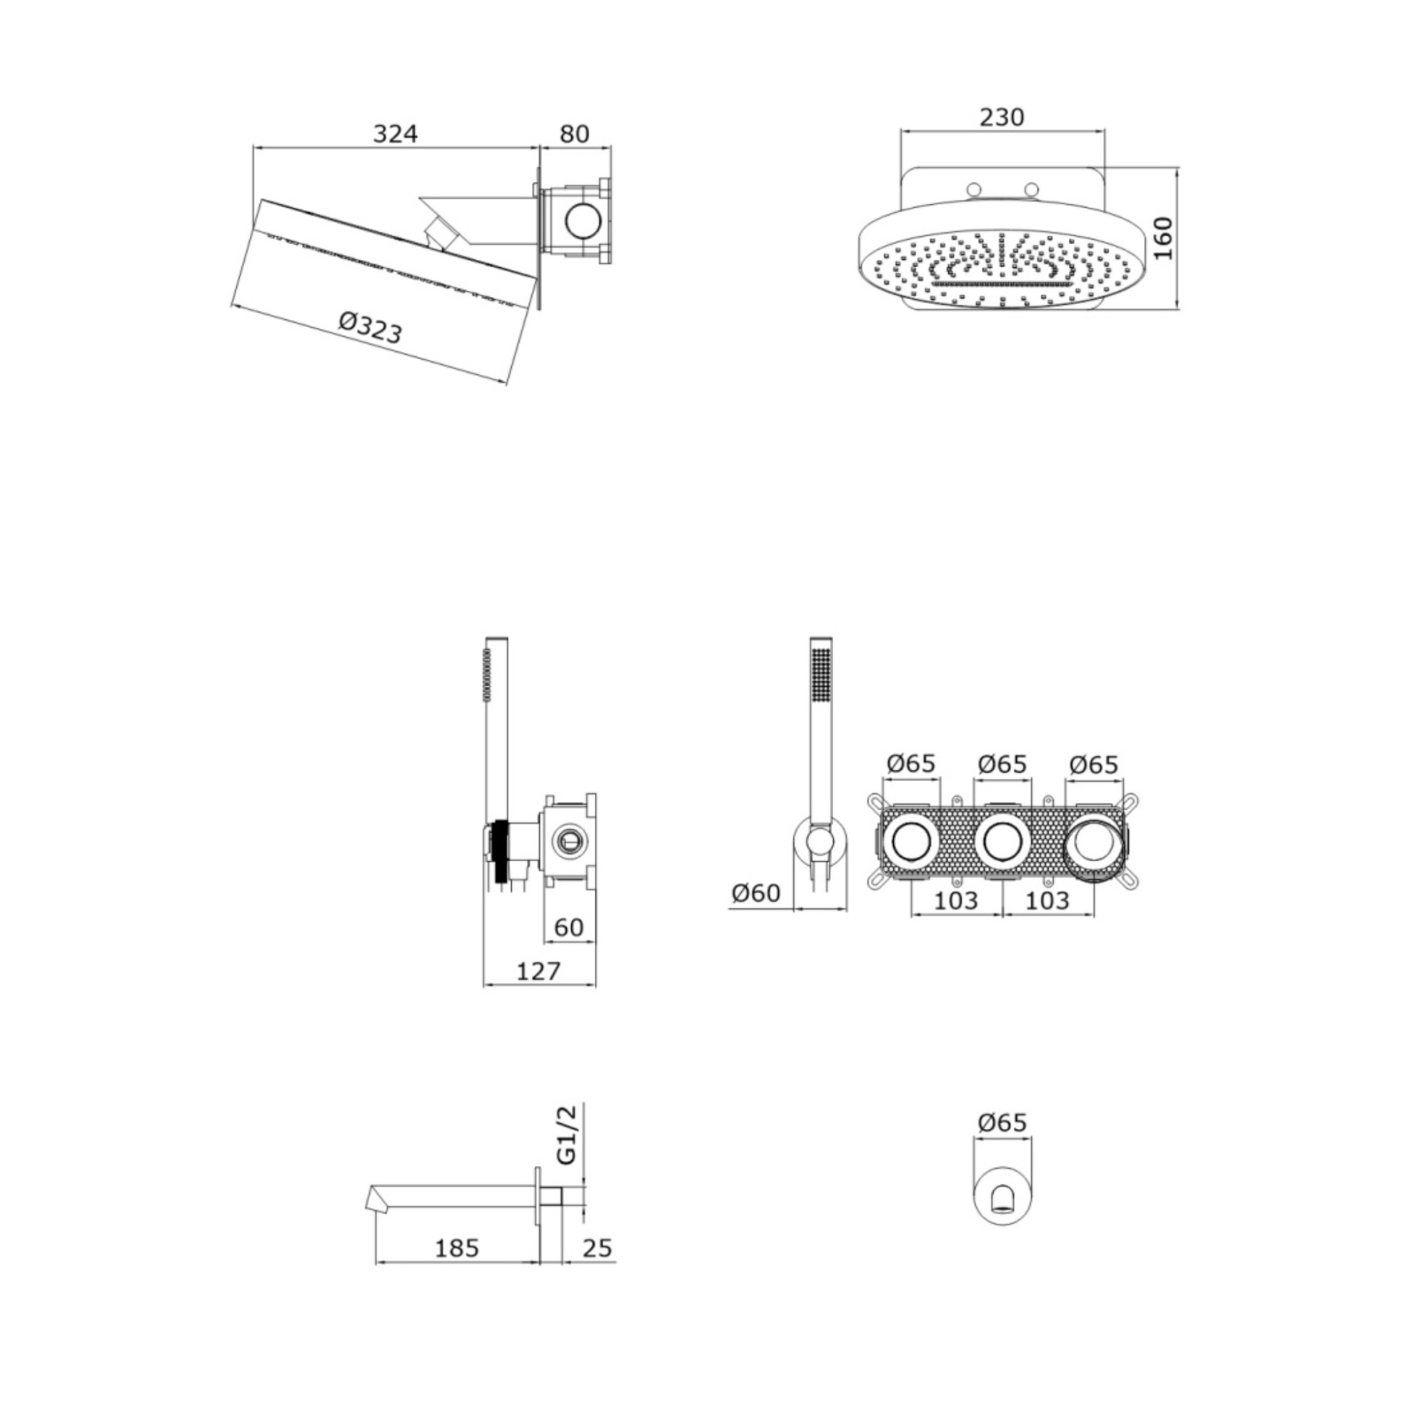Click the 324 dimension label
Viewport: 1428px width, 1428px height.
(x=396, y=134)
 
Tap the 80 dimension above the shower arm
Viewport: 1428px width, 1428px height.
(x=574, y=134)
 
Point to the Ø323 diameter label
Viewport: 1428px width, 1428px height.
(x=371, y=328)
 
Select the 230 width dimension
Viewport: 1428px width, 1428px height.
(x=1002, y=117)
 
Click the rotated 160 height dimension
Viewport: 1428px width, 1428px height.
(x=1162, y=238)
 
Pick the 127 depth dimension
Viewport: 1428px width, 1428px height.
(x=538, y=970)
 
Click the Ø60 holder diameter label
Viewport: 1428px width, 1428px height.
(x=756, y=893)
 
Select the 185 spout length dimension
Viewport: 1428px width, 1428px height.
(x=457, y=1247)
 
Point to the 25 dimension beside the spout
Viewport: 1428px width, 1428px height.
(x=597, y=1247)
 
